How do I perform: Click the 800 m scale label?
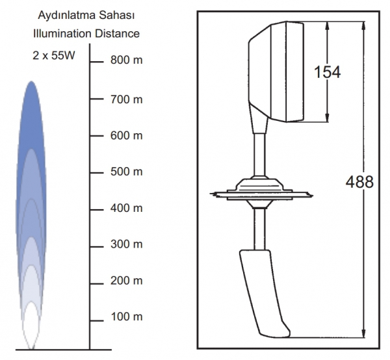126,60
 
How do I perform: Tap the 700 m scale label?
126,99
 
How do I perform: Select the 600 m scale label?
126,136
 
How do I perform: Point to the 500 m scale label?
126,172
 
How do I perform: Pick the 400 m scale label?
126,208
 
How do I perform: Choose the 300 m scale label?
126,244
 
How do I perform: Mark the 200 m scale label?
126,281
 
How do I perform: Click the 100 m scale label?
126,316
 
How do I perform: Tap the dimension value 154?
327,72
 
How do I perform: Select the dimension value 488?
359,182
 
